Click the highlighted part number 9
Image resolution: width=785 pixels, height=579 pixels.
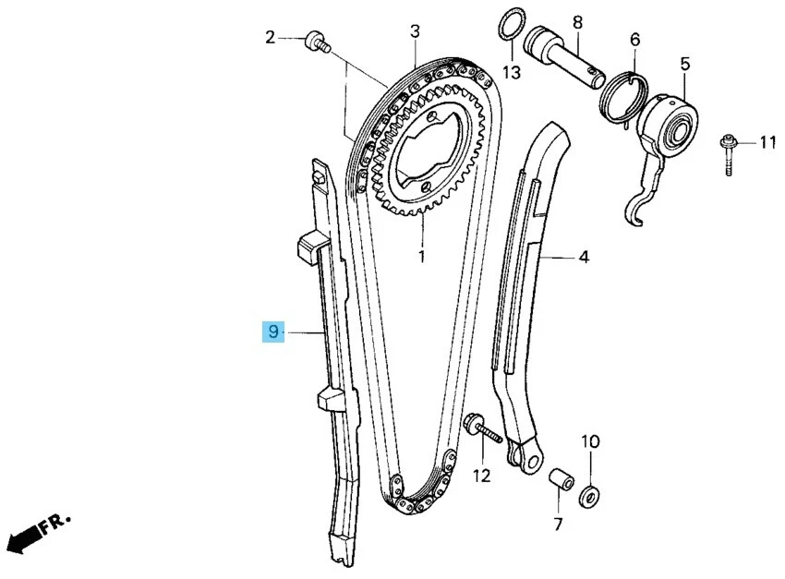[273, 332]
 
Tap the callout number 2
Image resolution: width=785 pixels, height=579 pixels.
[271, 38]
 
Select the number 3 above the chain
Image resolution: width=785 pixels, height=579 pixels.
[415, 31]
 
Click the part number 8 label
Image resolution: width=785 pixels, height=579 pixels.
[576, 20]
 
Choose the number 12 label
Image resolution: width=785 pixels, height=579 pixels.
[482, 476]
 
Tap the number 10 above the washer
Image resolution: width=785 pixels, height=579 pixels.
[590, 440]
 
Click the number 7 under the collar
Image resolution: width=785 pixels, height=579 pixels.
[558, 525]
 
